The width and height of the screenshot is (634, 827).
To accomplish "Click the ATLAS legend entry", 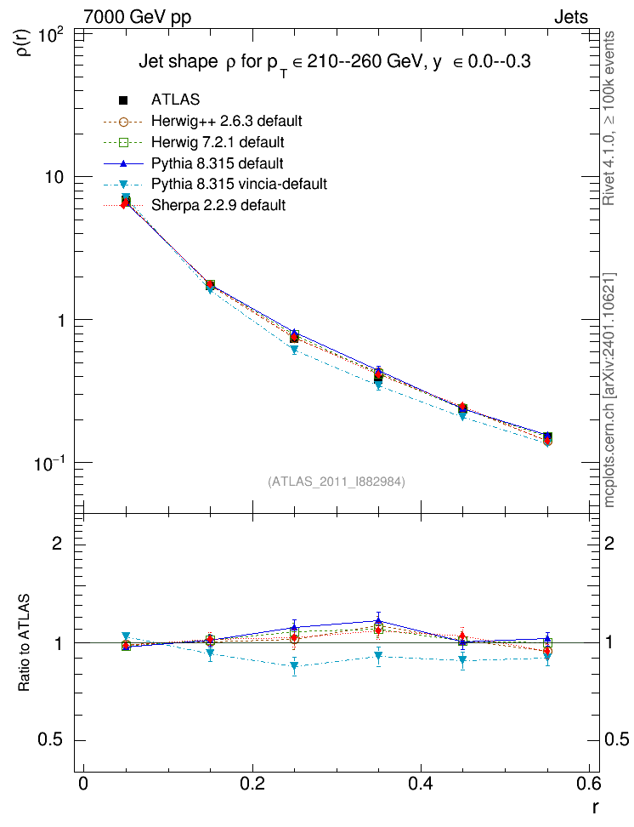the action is [175, 100].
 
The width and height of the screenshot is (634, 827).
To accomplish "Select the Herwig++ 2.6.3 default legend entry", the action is [227, 121].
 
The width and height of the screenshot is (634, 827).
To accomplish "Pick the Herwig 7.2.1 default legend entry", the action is [218, 142].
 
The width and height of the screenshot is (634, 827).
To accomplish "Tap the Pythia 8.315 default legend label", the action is [217, 163].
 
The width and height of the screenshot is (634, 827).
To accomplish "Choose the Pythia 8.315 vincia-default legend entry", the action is [240, 184].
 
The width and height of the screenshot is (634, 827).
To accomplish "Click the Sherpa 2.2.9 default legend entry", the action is [218, 205].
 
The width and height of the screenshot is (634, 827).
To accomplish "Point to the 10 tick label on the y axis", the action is [54, 177].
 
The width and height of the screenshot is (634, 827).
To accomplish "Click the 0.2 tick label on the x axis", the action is [252, 784].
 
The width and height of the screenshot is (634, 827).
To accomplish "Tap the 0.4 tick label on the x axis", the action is [421, 784].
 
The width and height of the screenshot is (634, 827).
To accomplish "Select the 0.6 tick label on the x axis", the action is [588, 784].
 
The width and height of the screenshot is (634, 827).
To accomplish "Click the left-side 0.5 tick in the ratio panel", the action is [50, 739].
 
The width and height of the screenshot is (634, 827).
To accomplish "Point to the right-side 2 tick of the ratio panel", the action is [609, 543].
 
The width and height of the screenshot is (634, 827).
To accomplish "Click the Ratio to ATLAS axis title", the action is [24, 642].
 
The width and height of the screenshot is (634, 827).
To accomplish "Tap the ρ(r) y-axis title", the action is [25, 43].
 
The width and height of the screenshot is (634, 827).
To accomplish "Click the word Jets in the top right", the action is [571, 17].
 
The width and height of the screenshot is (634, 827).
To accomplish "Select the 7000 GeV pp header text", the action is [137, 17].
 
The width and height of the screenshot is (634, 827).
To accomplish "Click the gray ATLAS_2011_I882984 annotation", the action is [337, 481].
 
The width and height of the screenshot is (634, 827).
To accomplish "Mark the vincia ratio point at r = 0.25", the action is [294, 665].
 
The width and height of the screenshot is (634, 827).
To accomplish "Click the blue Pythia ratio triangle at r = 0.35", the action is [378, 620].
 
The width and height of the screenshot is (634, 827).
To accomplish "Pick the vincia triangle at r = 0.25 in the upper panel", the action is [294, 349].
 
